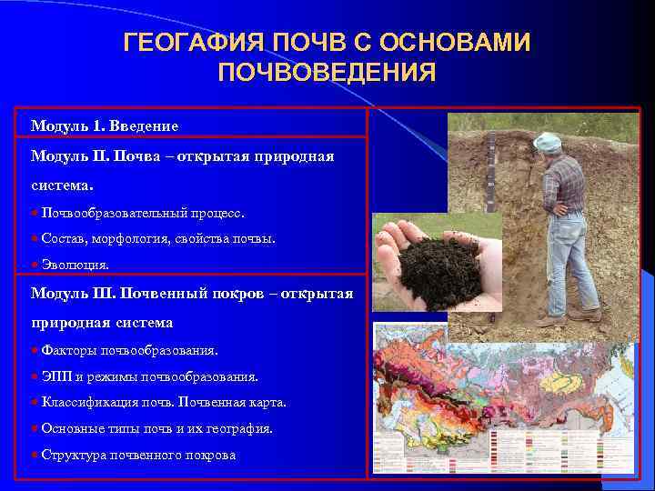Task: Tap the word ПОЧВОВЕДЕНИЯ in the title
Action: coord(327,73)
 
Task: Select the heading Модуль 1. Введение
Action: coord(105,125)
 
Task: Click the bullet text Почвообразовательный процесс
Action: coord(143,213)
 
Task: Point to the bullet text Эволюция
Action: coord(76,265)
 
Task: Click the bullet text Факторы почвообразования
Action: coord(129,350)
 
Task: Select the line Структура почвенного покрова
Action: coord(138,455)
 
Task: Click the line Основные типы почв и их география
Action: coord(156,428)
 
